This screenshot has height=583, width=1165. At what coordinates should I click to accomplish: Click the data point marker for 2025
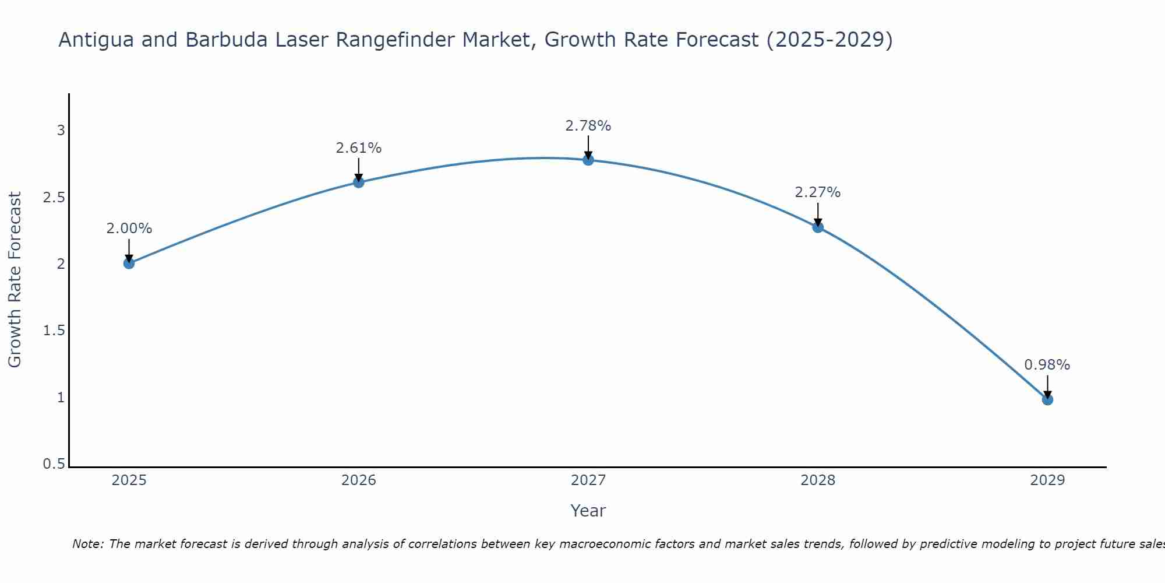point(129,264)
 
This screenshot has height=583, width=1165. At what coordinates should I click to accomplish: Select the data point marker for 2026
point(358,182)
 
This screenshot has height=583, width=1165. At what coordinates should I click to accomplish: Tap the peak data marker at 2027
point(588,160)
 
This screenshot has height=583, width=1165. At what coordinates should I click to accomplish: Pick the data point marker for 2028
point(818,227)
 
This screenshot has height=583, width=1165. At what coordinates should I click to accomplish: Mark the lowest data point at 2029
point(1047,399)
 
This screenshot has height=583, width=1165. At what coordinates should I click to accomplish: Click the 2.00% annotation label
point(129,229)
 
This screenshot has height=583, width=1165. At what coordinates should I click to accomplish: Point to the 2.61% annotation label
point(358,148)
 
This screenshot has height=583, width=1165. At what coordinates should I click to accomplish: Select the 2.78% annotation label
point(588,125)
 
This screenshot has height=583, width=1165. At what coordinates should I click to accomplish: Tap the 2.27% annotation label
point(818,192)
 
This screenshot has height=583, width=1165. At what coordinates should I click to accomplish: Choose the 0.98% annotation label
point(1047,365)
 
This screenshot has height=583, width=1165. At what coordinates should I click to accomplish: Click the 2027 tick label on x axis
point(588,480)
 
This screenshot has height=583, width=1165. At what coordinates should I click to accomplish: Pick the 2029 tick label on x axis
point(1047,480)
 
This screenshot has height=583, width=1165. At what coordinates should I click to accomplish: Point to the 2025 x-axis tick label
point(129,480)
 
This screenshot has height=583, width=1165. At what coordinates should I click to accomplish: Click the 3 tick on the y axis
point(61,131)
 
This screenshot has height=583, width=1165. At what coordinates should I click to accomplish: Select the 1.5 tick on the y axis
point(54,331)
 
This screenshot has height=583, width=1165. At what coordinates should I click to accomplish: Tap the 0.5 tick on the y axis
point(54,465)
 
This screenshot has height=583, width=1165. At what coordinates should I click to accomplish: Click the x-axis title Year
point(588,511)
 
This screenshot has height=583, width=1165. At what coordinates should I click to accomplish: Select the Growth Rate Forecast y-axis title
point(15,280)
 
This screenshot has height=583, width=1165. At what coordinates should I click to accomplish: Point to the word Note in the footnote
point(87,544)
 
